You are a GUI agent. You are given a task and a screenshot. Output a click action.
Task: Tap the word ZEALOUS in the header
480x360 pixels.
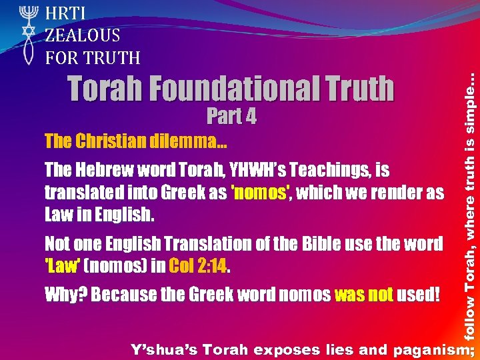tap(83, 35)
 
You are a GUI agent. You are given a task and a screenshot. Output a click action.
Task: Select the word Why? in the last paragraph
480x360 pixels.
tap(65, 294)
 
